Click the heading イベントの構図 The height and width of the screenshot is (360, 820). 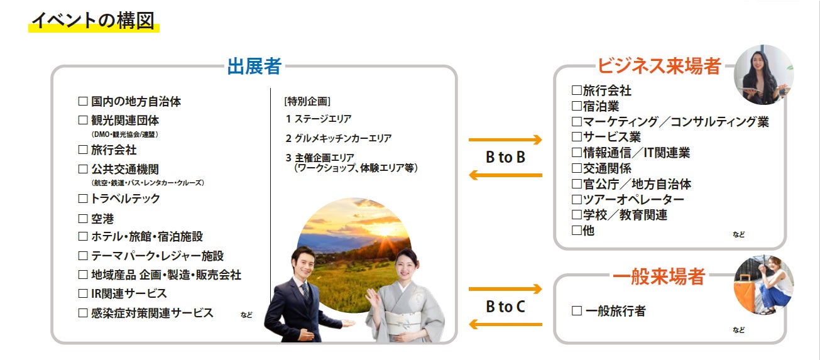pos(94,21)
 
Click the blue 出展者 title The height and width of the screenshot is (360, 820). pos(254,66)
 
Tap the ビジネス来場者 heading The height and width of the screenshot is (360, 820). pos(659,66)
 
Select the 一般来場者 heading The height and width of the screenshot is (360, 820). pos(659,276)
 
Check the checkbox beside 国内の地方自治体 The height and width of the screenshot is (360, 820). pos(83,101)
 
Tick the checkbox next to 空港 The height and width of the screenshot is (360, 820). pos(83,219)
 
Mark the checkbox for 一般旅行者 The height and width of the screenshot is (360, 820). pos(577,311)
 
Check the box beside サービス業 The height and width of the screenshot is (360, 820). pos(577,137)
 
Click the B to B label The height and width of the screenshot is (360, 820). pos(506,157)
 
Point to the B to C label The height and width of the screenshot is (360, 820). pos(506,307)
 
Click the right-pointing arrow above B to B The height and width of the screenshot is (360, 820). pos(505,139)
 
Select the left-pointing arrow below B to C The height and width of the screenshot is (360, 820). pos(505,324)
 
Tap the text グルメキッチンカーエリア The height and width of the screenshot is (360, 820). pos(343,138)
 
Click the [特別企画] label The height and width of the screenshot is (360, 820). pos(307,101)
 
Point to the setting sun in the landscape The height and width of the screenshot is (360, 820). pos(384,231)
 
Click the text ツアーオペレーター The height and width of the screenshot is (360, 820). pos(633,199)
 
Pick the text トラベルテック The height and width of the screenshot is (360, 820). pos(125,199)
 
